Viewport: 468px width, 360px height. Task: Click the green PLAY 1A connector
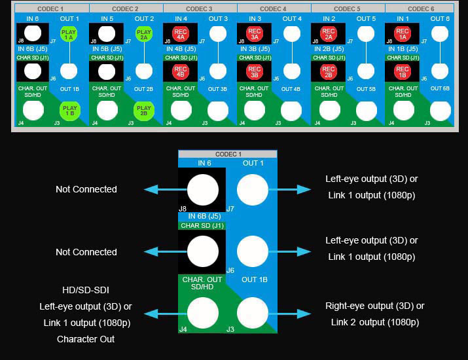click(x=69, y=35)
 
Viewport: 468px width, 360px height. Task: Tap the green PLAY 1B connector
click(x=69, y=110)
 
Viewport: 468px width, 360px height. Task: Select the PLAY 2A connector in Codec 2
click(x=144, y=35)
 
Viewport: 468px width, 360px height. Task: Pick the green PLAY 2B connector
click(x=144, y=110)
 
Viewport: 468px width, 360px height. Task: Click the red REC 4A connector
click(x=181, y=34)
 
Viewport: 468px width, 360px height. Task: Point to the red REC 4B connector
click(x=181, y=71)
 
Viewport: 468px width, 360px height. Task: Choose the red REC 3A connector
click(x=255, y=34)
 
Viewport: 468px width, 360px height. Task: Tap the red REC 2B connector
click(x=329, y=71)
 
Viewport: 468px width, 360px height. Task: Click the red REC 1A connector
click(x=403, y=34)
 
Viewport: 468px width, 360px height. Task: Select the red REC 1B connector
click(x=403, y=71)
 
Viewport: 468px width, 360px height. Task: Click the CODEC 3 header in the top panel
click(x=200, y=9)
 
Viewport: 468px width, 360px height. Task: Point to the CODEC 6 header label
click(x=421, y=9)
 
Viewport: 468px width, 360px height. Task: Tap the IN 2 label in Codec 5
click(x=329, y=19)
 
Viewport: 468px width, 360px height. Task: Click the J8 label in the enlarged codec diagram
click(x=183, y=209)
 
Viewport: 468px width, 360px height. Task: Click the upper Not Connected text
click(x=86, y=189)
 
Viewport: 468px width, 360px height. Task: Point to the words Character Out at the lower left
click(x=86, y=339)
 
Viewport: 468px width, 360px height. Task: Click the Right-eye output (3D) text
click(x=375, y=306)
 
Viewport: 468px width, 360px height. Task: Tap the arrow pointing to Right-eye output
click(x=294, y=314)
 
